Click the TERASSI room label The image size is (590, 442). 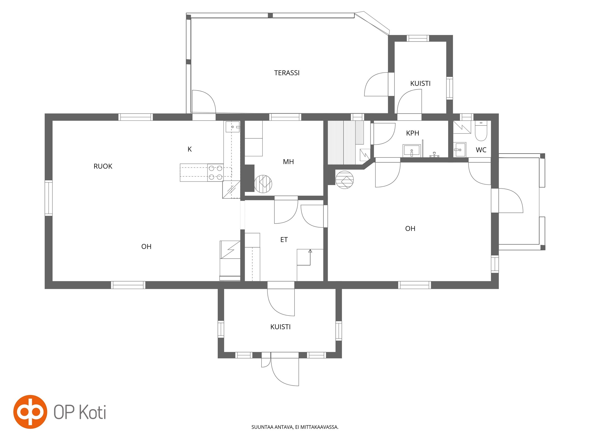287,73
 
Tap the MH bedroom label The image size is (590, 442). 288,162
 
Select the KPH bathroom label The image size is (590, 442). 412,133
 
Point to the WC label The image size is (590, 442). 481,150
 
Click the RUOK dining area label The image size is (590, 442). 103,166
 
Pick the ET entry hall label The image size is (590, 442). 284,240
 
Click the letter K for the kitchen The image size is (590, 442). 189,149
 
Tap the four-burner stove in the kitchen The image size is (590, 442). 215,172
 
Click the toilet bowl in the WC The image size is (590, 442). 481,131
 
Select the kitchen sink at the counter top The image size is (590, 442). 232,127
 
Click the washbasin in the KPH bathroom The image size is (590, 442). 412,151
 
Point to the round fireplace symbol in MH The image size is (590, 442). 263,184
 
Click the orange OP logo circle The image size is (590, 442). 30,412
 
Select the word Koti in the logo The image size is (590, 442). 93,412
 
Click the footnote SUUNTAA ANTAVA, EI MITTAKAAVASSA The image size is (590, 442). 295,427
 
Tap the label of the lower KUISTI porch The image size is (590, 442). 280,327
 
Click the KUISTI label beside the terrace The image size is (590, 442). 420,83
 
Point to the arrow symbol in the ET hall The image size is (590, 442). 310,257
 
